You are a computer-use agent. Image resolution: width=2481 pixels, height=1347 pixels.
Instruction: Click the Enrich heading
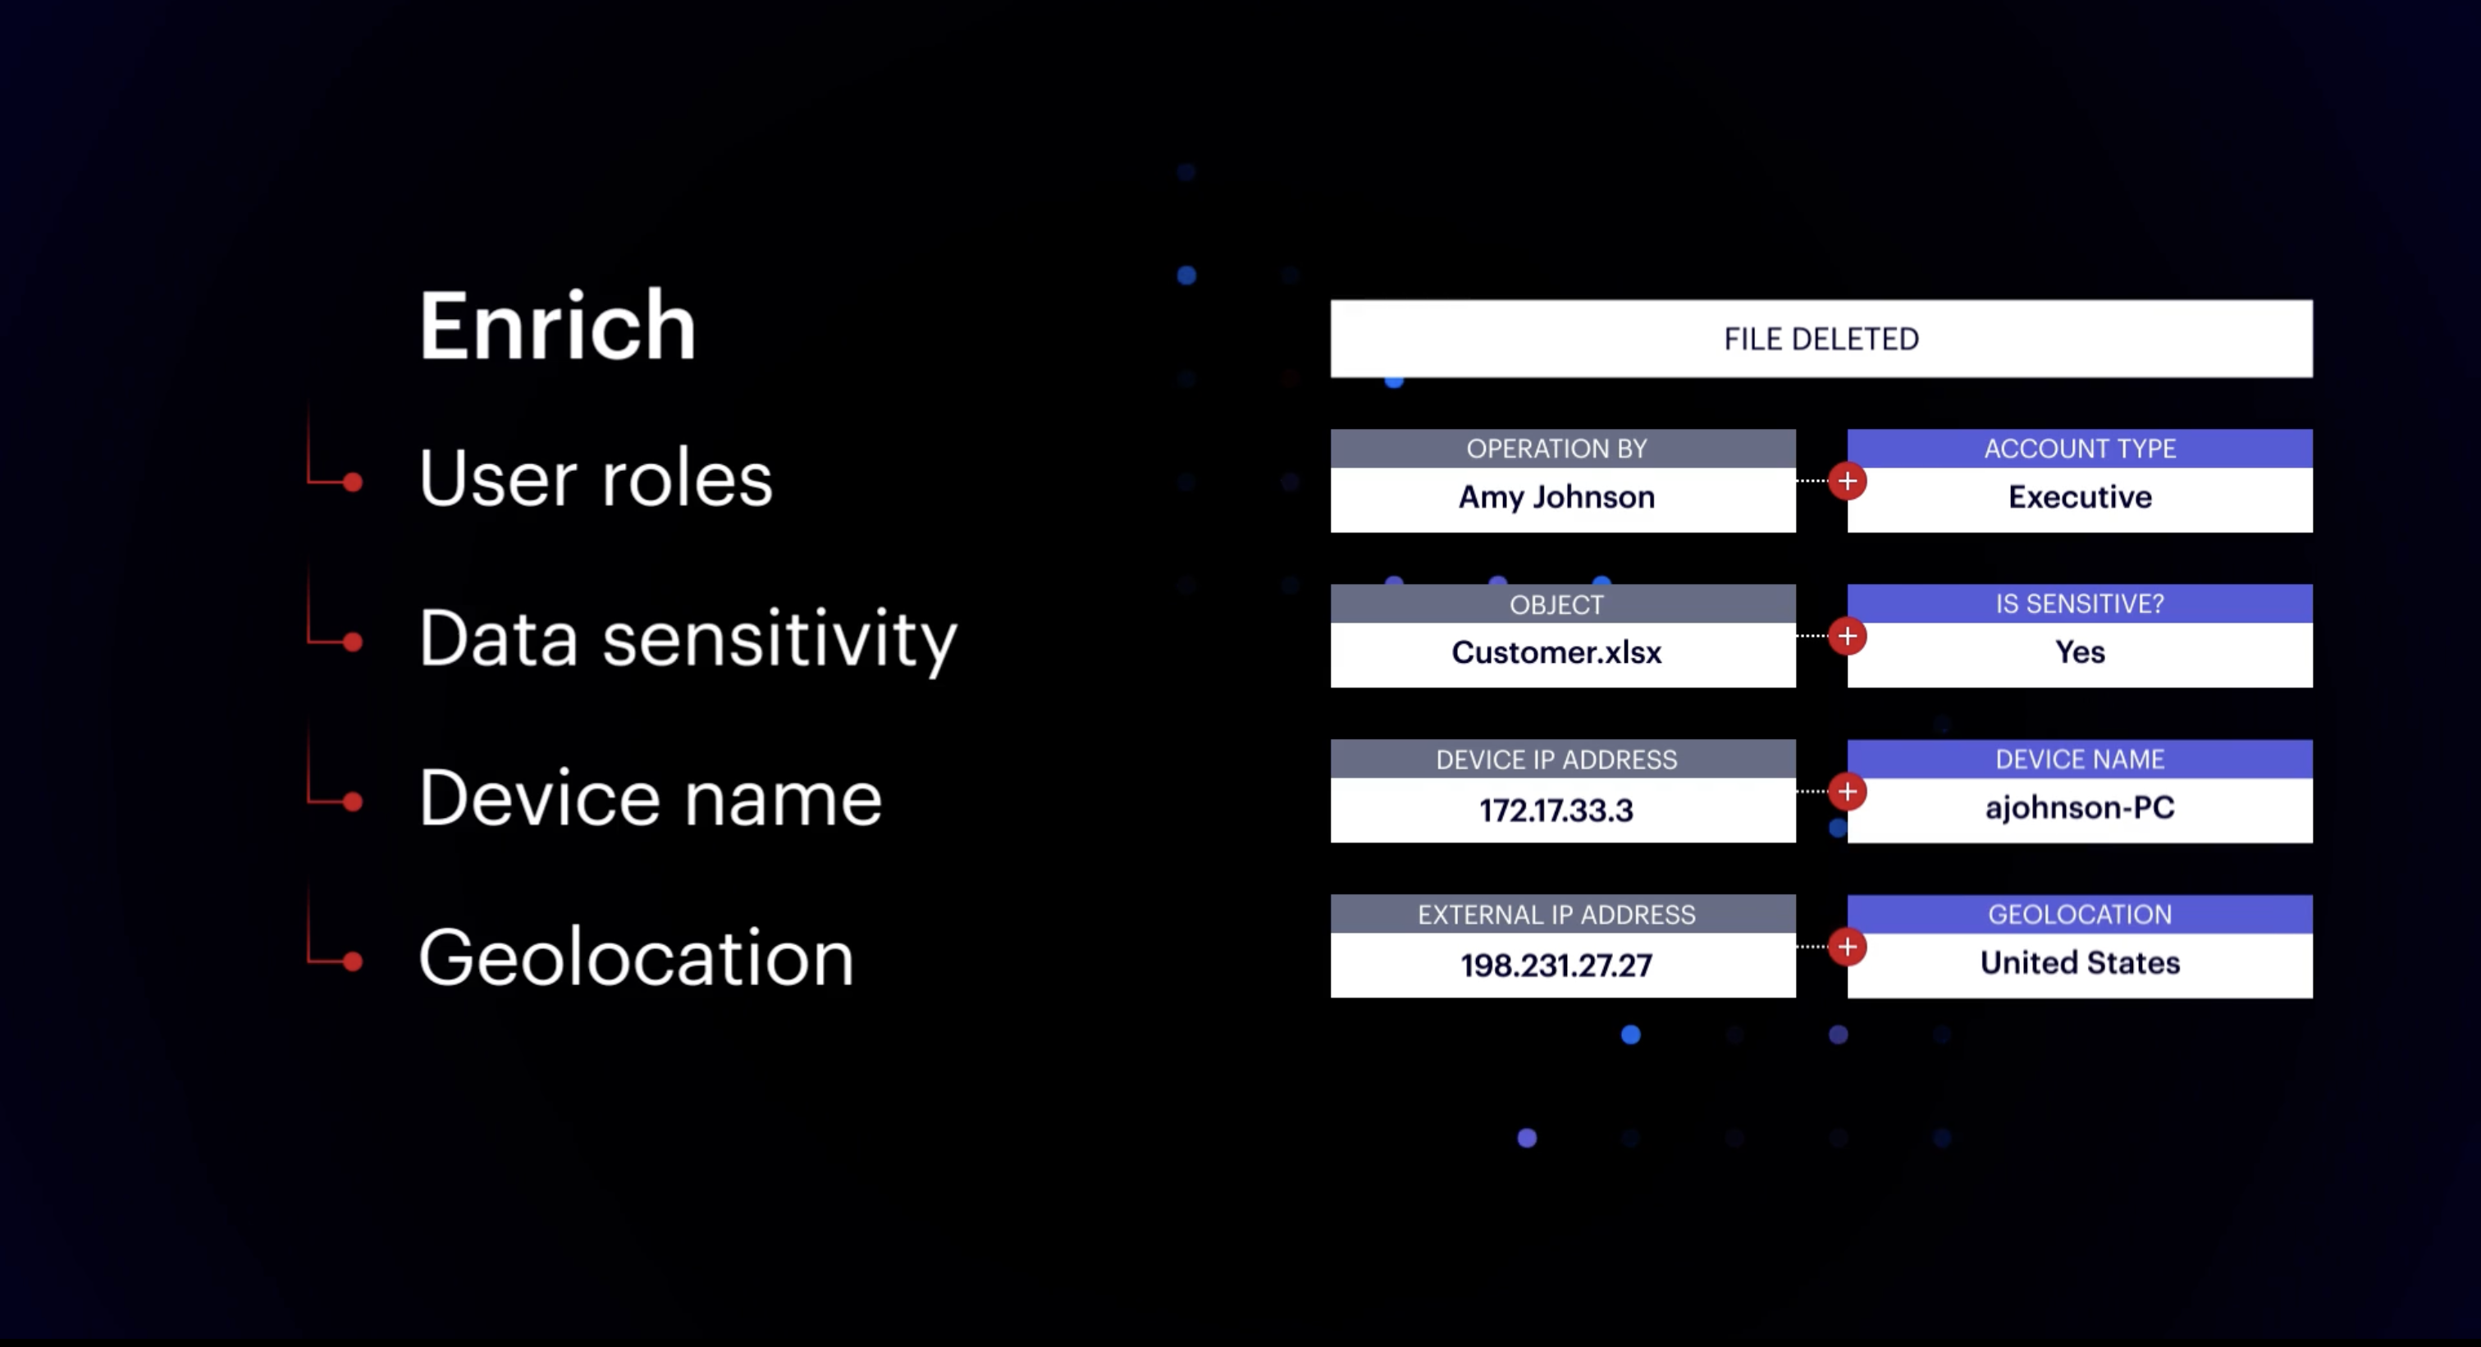(557, 326)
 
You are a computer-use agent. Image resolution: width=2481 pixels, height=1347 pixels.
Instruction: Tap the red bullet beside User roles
(353, 482)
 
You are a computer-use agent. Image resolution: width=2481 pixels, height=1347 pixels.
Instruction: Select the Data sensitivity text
(688, 639)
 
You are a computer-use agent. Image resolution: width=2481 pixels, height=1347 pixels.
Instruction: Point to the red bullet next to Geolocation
(353, 960)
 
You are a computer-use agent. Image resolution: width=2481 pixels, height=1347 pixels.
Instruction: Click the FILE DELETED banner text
(1821, 339)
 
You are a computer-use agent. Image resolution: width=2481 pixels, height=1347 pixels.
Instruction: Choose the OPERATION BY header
(1556, 449)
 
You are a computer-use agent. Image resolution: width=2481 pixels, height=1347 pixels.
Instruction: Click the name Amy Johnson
(1556, 498)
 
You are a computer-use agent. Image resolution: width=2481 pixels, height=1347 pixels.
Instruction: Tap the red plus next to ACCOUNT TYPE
(1848, 481)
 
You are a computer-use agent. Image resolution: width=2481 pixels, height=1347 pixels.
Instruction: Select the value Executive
(2079, 497)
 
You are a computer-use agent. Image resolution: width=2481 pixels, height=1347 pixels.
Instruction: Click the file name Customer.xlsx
(1556, 653)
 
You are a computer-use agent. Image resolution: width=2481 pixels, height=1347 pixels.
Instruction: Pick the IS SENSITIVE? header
(2079, 604)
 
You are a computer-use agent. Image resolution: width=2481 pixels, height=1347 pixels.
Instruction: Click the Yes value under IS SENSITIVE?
(2079, 652)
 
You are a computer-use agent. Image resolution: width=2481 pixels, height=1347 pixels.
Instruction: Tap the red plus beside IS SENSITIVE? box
(1848, 636)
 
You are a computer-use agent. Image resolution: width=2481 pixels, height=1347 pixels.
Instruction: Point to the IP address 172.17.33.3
(1556, 810)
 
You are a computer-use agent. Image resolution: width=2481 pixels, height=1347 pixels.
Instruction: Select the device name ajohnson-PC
(2079, 808)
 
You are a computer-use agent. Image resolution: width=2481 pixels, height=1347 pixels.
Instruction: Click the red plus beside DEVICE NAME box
(1848, 792)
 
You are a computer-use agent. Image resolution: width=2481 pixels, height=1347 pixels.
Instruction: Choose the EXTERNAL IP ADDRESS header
(1556, 915)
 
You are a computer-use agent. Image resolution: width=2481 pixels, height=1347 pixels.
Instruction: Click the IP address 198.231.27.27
(1556, 966)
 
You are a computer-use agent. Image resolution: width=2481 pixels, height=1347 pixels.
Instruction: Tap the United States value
(2079, 963)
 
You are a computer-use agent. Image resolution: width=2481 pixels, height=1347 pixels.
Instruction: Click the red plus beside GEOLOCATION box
(1848, 947)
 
